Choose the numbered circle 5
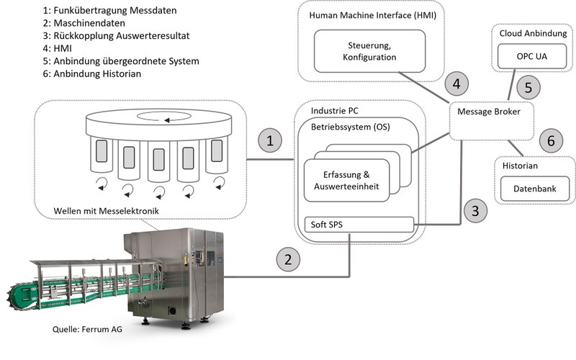[x=528, y=89]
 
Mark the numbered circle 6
[x=551, y=140]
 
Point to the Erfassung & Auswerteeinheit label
[x=346, y=180]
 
